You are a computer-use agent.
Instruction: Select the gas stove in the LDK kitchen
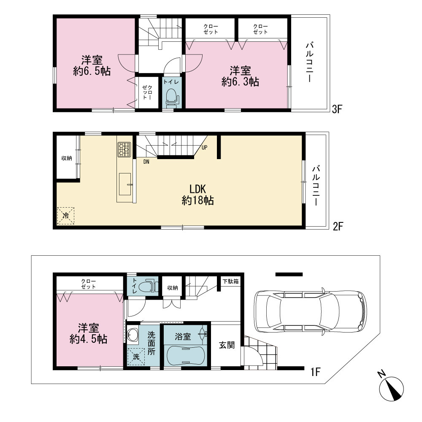point(124,149)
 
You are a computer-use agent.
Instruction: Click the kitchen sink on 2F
point(125,184)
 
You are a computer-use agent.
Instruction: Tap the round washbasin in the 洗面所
point(133,335)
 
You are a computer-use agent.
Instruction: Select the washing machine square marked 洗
point(136,357)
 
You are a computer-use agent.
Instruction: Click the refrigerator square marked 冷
point(66,216)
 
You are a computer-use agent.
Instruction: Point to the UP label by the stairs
point(205,147)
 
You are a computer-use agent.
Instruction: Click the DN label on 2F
point(146,162)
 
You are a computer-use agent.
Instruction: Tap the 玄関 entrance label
point(227,345)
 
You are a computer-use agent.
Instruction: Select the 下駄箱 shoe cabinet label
point(231,281)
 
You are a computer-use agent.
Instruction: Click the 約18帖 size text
point(198,200)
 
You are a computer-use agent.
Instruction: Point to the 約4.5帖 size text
point(89,339)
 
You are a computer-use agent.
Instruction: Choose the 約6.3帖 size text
point(241,81)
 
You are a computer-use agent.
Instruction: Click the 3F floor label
point(337,109)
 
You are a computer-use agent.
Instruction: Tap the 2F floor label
point(338,226)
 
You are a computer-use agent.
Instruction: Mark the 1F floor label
point(316,372)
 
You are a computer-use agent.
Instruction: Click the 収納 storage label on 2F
point(67,158)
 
